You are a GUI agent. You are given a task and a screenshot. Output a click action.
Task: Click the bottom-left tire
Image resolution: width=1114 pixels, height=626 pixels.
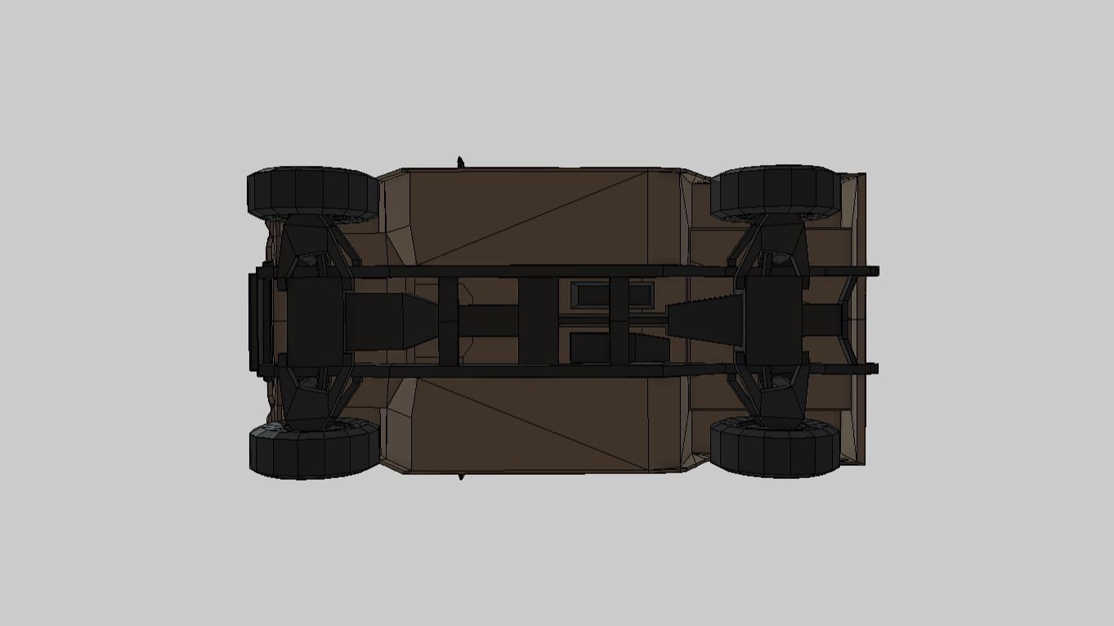point(314,450)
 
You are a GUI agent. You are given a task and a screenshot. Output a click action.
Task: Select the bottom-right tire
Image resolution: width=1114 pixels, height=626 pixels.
point(775,449)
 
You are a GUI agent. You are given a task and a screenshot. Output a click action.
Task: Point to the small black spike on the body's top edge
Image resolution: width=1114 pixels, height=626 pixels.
point(460,162)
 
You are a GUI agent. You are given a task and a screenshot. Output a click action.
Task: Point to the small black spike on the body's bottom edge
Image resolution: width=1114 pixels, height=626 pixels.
point(462,475)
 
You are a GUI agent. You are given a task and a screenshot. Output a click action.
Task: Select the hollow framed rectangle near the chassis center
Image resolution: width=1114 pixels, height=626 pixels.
point(611,295)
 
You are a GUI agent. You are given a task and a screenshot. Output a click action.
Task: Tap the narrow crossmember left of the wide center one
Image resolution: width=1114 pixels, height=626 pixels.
point(449,320)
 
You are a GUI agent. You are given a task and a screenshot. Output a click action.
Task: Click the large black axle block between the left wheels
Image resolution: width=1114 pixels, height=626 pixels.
point(314,320)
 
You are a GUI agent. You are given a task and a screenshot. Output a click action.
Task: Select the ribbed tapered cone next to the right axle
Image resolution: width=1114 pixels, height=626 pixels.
point(703,320)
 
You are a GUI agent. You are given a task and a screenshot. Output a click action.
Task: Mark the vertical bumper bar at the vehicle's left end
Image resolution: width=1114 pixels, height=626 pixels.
point(253,322)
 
